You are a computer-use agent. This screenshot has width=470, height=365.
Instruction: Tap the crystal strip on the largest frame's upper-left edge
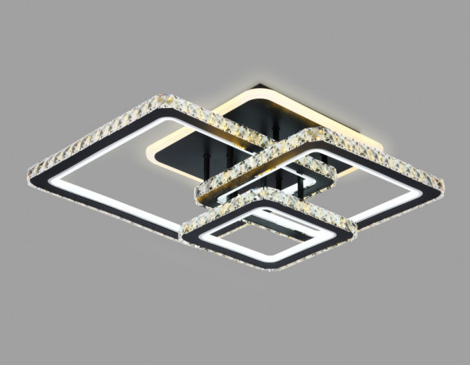click(x=95, y=133)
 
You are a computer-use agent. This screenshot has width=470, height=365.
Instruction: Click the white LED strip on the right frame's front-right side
click(x=389, y=205)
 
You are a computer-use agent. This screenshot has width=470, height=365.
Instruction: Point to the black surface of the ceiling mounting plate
click(x=238, y=119)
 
